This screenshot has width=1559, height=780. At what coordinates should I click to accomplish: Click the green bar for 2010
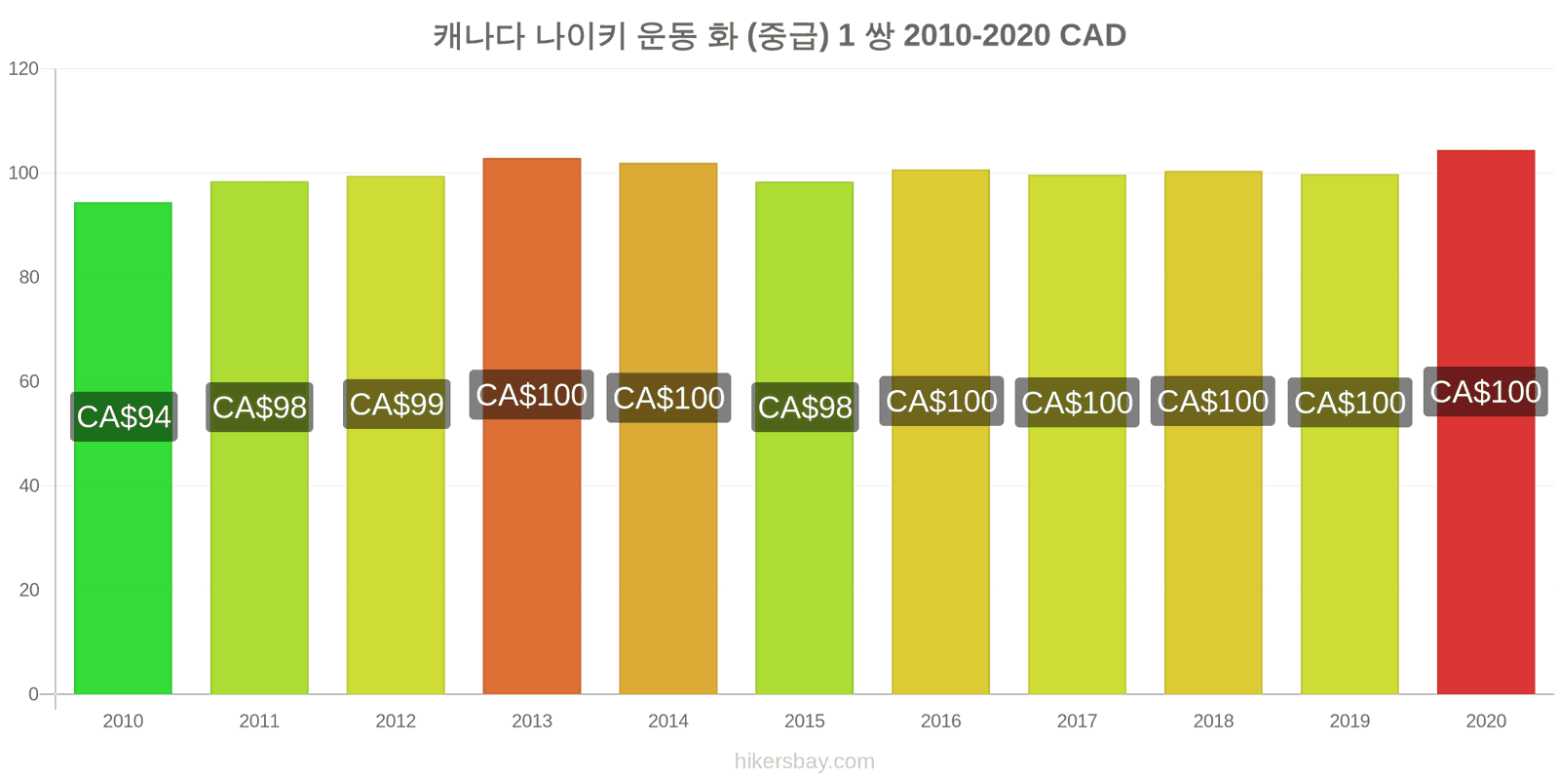pyautogui.click(x=123, y=448)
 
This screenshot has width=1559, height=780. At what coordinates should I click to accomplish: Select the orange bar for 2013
pyautogui.click(x=532, y=426)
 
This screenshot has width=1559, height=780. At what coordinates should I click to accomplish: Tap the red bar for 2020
pyautogui.click(x=1486, y=422)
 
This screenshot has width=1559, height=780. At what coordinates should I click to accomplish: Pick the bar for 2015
pyautogui.click(x=805, y=438)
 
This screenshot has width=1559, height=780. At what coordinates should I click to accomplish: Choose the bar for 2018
pyautogui.click(x=1213, y=433)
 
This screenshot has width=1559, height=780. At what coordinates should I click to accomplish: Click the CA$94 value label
pyautogui.click(x=124, y=416)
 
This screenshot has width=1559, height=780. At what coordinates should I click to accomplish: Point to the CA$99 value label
pyautogui.click(x=397, y=404)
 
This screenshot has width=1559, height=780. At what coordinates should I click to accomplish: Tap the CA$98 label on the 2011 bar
pyautogui.click(x=259, y=407)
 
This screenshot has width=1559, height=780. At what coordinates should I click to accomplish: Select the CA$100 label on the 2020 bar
pyautogui.click(x=1486, y=391)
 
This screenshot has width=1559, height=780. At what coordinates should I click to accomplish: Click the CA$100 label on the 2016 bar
pyautogui.click(x=941, y=401)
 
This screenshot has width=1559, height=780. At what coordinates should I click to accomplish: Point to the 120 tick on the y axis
pyautogui.click(x=23, y=68)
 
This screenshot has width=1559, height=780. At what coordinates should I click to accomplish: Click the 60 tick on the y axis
pyautogui.click(x=29, y=381)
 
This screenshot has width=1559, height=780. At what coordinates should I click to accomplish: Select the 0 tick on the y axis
pyautogui.click(x=33, y=693)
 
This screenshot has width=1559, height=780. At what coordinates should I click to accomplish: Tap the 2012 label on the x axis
pyautogui.click(x=396, y=721)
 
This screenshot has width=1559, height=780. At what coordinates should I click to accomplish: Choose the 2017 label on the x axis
pyautogui.click(x=1078, y=721)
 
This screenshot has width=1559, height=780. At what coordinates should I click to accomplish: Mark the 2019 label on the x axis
pyautogui.click(x=1350, y=721)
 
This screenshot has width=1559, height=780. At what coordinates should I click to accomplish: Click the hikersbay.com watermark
pyautogui.click(x=805, y=761)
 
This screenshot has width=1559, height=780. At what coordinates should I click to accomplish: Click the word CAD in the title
pyautogui.click(x=1092, y=35)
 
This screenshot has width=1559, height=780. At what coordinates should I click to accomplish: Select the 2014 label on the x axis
pyautogui.click(x=668, y=721)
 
